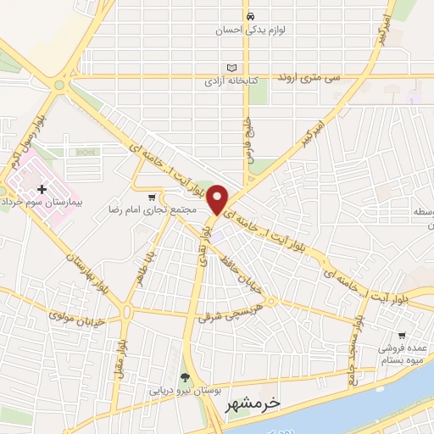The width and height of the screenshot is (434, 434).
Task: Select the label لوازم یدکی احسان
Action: point(250,31)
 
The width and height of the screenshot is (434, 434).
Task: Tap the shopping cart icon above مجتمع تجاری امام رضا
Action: point(152,197)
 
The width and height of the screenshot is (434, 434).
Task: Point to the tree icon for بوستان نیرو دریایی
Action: point(186,377)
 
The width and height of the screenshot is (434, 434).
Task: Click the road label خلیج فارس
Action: point(250,130)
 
